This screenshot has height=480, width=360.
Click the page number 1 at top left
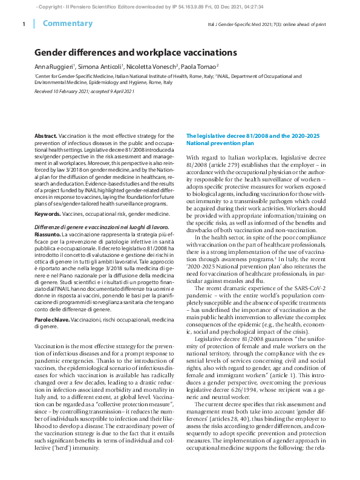click(x=23, y=24)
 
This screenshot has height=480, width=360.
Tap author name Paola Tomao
click(x=200, y=66)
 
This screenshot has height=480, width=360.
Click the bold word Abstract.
click(x=45, y=137)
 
